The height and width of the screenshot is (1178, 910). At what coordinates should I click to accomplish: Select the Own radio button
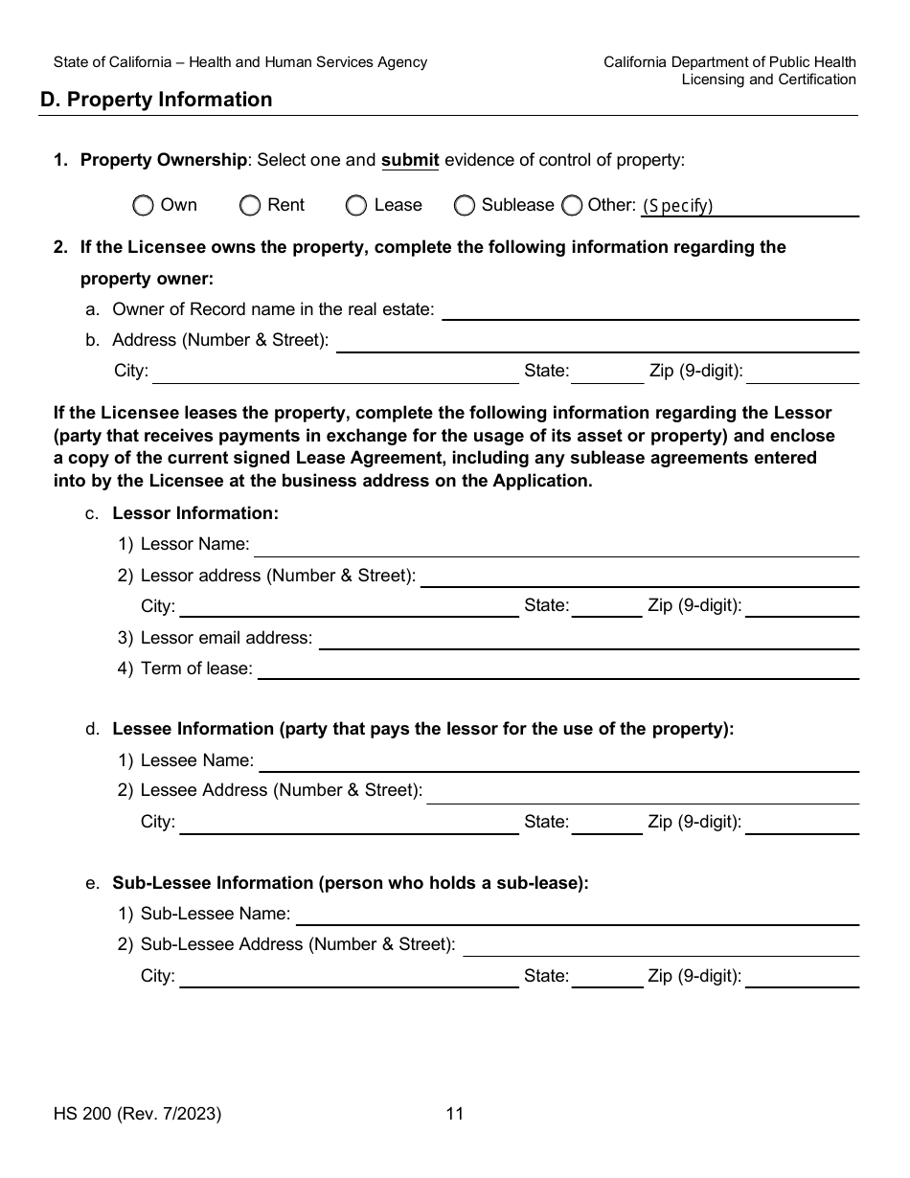[143, 205]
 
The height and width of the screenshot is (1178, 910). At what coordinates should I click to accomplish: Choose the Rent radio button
[250, 205]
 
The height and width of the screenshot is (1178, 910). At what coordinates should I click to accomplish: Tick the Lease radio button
[356, 205]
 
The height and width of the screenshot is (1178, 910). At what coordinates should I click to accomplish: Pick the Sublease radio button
[465, 205]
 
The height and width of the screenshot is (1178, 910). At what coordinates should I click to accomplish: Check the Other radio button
[572, 205]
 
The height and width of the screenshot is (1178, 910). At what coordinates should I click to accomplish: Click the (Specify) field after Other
[749, 206]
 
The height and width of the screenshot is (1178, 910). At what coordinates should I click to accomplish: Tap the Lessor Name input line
[556, 546]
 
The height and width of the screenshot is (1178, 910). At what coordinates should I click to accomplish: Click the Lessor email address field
[588, 639]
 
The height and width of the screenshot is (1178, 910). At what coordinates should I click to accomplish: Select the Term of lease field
[558, 669]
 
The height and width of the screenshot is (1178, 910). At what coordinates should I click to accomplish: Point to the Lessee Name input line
[559, 761]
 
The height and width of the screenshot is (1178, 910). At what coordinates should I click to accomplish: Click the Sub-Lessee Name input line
[578, 915]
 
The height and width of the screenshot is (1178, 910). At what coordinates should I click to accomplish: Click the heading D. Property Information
[156, 100]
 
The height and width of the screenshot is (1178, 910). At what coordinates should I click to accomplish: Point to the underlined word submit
[410, 161]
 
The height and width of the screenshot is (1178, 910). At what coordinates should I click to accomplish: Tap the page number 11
[455, 1114]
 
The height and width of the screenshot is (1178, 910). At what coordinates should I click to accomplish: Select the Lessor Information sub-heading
[195, 513]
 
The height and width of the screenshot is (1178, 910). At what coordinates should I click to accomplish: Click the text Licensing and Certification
[768, 79]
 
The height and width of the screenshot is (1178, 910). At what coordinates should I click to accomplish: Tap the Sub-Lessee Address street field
[661, 945]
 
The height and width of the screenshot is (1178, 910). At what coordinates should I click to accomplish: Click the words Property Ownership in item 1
[163, 161]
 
